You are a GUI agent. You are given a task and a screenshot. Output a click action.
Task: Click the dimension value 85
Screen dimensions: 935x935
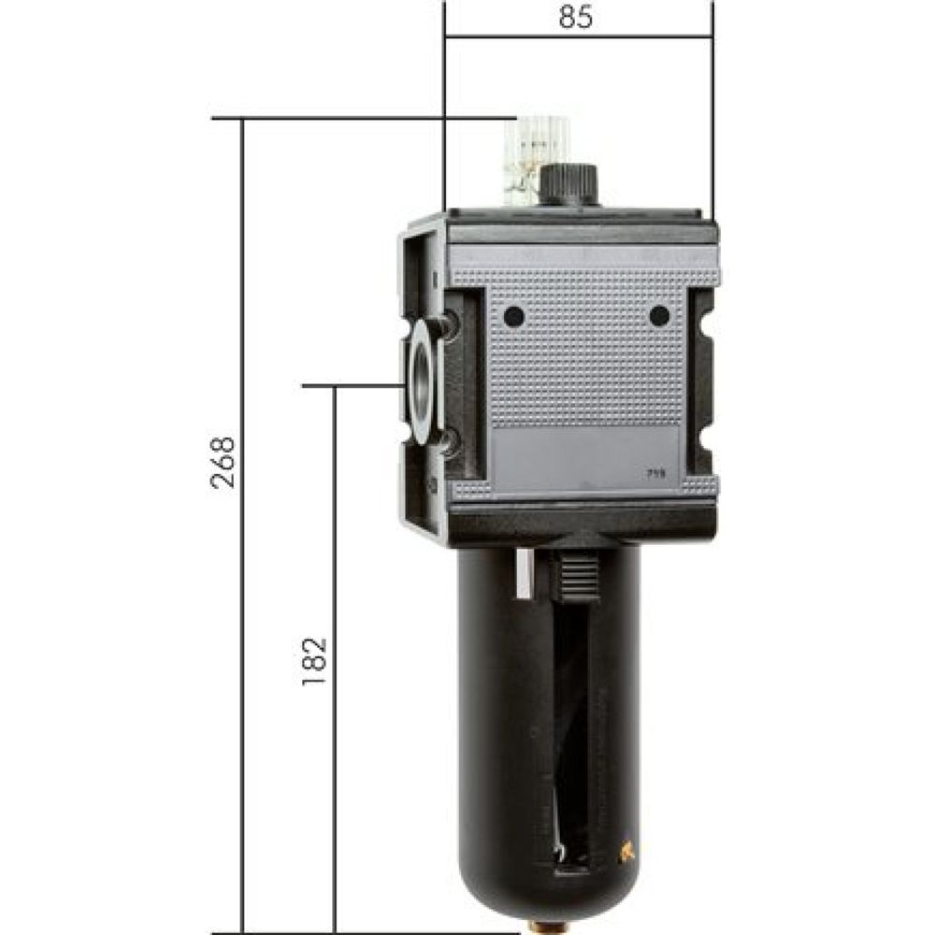click(x=577, y=18)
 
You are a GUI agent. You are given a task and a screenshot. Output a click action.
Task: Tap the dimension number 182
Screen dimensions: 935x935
click(x=315, y=661)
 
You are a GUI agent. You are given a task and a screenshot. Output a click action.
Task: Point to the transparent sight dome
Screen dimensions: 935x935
click(x=537, y=159)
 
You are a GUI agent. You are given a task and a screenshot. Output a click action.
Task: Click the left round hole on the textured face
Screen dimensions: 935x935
click(x=513, y=317)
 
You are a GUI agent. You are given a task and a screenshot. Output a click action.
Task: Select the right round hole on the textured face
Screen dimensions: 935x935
click(x=660, y=316)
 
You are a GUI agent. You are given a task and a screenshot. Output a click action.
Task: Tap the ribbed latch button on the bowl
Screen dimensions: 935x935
click(x=580, y=575)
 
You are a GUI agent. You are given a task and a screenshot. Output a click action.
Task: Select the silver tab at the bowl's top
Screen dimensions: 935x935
click(x=525, y=572)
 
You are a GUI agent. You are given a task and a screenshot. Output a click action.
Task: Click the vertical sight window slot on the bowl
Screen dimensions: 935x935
click(x=572, y=739)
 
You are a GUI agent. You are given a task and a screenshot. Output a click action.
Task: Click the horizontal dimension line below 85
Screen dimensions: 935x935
click(x=577, y=36)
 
